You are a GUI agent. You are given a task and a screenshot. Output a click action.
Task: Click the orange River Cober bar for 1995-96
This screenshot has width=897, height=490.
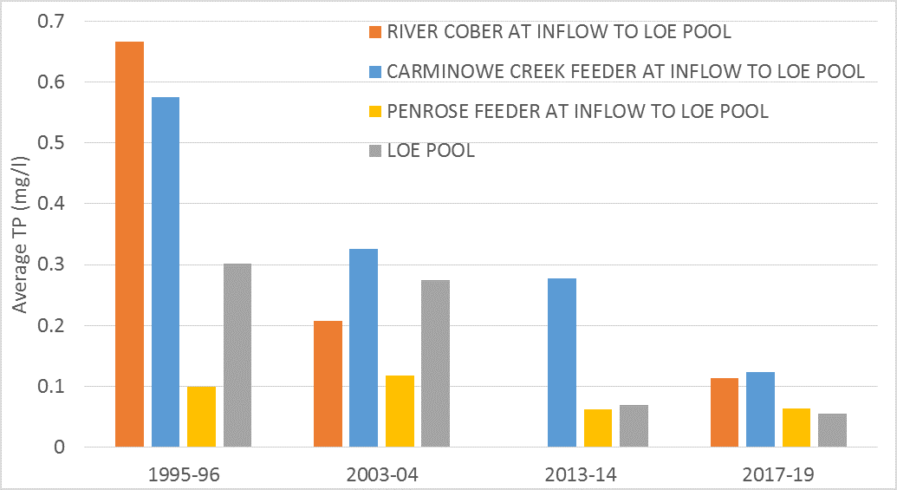[x=129, y=244]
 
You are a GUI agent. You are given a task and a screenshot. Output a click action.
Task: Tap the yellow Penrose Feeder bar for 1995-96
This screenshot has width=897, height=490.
[x=201, y=416]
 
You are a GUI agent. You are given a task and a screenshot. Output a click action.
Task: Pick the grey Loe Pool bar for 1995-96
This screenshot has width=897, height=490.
[x=237, y=355]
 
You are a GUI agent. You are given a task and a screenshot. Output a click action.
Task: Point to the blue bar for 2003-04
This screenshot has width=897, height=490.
[x=364, y=348]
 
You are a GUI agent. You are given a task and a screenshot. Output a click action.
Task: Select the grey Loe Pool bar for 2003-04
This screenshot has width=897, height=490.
[x=436, y=363]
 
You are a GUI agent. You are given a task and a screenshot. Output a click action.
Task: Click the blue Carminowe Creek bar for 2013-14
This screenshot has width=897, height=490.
[x=562, y=363]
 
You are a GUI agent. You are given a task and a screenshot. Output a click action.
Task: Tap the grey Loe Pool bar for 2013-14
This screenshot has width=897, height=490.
[x=634, y=426]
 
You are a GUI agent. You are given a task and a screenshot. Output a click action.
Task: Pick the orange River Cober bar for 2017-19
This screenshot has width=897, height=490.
[x=724, y=412]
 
